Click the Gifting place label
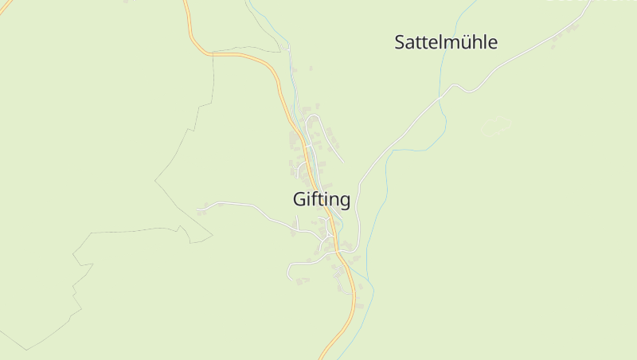(x=322, y=200)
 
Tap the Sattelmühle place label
(x=446, y=42)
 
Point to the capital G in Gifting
(x=299, y=200)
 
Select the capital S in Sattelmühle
(x=401, y=42)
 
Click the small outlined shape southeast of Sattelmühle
(x=495, y=125)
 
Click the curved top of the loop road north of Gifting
(x=314, y=117)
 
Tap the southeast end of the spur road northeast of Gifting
(x=343, y=162)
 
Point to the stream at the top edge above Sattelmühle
(x=475, y=2)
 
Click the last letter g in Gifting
(x=343, y=202)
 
